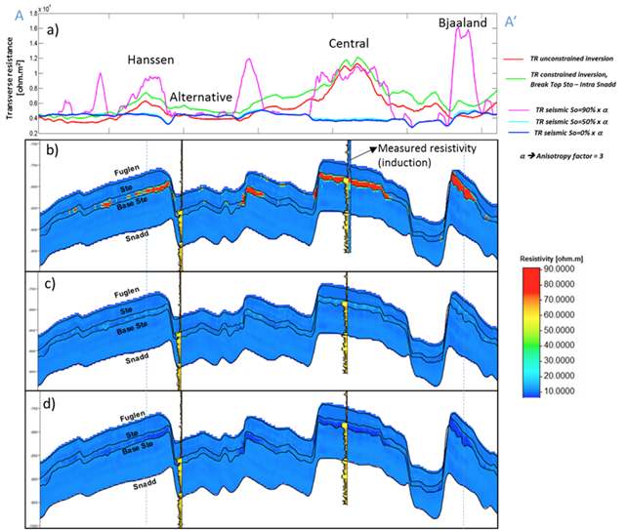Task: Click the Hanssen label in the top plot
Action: (152, 60)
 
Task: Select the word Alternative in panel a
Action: (200, 98)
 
